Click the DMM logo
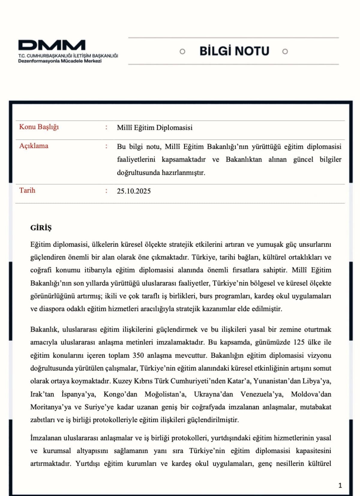click(52, 45)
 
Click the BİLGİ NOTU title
click(234, 51)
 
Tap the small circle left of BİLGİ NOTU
click(182, 52)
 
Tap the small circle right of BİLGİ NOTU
click(285, 52)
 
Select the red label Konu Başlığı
click(39, 127)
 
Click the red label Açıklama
click(34, 146)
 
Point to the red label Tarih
click(27, 191)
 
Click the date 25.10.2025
click(134, 191)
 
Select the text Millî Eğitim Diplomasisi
click(154, 128)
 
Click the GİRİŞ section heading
click(41, 228)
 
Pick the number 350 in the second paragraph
click(138, 356)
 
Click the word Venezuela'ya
click(262, 394)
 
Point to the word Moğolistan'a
click(165, 394)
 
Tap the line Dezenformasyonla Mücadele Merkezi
click(60, 61)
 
